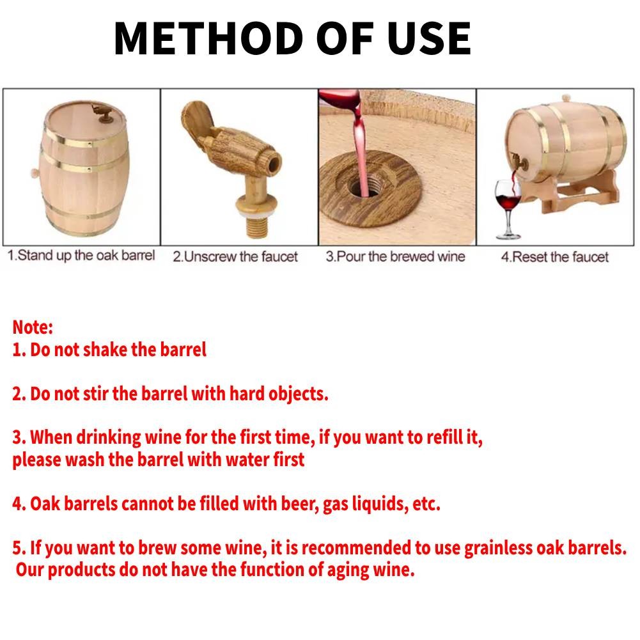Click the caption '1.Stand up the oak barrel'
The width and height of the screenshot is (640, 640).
click(x=81, y=256)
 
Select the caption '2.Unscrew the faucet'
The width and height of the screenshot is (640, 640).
click(x=235, y=257)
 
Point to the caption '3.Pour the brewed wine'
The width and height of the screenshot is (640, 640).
click(x=395, y=257)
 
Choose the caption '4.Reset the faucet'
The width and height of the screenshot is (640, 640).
click(x=554, y=257)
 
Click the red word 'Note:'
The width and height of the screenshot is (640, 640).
click(x=33, y=327)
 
